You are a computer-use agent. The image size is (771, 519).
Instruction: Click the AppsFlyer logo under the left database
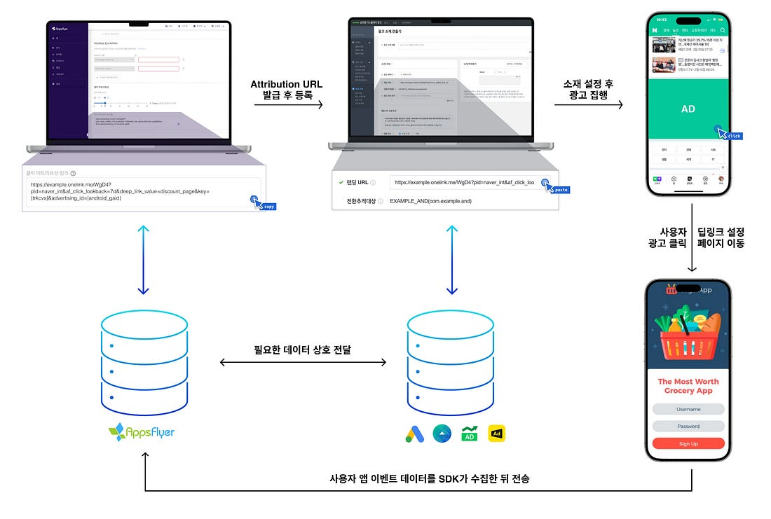[x=142, y=432]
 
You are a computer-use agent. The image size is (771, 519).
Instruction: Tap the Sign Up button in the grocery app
[x=688, y=443]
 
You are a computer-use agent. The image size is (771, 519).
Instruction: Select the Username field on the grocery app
[x=688, y=409]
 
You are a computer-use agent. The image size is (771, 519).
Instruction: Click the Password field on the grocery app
[x=688, y=426]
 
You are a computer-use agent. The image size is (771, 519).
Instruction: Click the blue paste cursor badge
[x=559, y=189]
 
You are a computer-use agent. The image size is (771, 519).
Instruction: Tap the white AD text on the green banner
[x=688, y=109]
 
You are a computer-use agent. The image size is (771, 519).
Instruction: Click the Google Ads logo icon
[x=415, y=434]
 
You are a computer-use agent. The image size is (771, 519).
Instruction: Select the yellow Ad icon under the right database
[x=496, y=434]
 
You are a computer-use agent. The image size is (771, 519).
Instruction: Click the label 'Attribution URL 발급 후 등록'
[x=287, y=91]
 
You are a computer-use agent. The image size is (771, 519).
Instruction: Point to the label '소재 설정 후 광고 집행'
[x=588, y=91]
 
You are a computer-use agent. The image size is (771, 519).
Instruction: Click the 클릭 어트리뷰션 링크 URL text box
[x=140, y=191]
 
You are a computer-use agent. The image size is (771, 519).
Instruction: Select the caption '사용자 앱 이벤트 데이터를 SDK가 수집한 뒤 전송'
[x=429, y=479]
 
